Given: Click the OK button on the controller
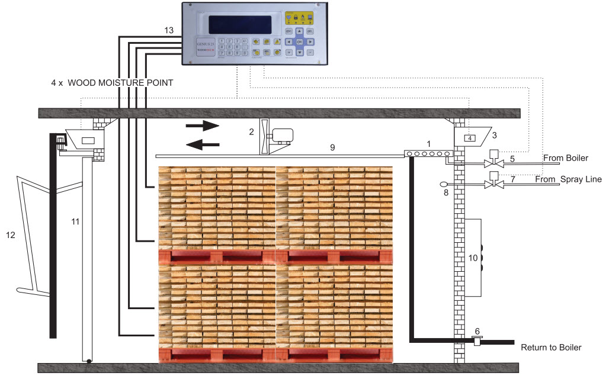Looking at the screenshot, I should [300, 42].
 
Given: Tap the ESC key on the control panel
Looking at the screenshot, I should [289, 31].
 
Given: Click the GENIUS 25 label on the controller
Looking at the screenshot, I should [205, 44].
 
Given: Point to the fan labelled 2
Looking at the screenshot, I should [264, 137].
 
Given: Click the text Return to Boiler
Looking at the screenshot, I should [551, 348].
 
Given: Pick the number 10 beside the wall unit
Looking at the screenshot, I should [473, 258].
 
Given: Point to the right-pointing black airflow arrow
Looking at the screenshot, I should [202, 126].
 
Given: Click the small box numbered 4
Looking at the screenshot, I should [469, 139].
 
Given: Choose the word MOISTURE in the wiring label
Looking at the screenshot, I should [118, 83].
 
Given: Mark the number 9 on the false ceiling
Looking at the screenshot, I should [332, 147].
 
